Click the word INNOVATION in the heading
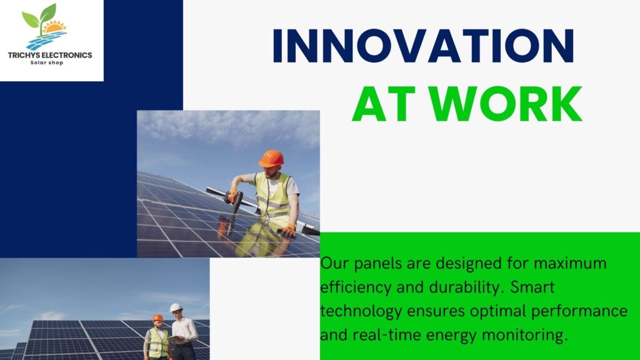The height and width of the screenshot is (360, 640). pos(423,45)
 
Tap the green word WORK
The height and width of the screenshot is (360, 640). pos(506,104)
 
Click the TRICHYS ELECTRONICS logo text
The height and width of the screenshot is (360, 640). pos(50,55)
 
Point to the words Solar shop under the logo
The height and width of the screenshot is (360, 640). pos(47,63)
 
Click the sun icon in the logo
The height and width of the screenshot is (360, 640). pos(54,27)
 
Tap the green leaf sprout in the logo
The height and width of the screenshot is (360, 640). pos(39,17)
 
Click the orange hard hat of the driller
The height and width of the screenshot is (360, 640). pos(271,158)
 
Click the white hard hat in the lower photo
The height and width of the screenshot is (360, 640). pos(176,307)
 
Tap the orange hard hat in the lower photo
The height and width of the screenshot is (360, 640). pos(157,318)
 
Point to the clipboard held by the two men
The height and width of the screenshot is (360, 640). pos(176,339)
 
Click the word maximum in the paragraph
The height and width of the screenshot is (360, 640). pos(570,263)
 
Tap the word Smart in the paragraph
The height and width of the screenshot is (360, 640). pos(532,287)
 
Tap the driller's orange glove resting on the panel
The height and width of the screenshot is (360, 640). pos(286,231)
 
